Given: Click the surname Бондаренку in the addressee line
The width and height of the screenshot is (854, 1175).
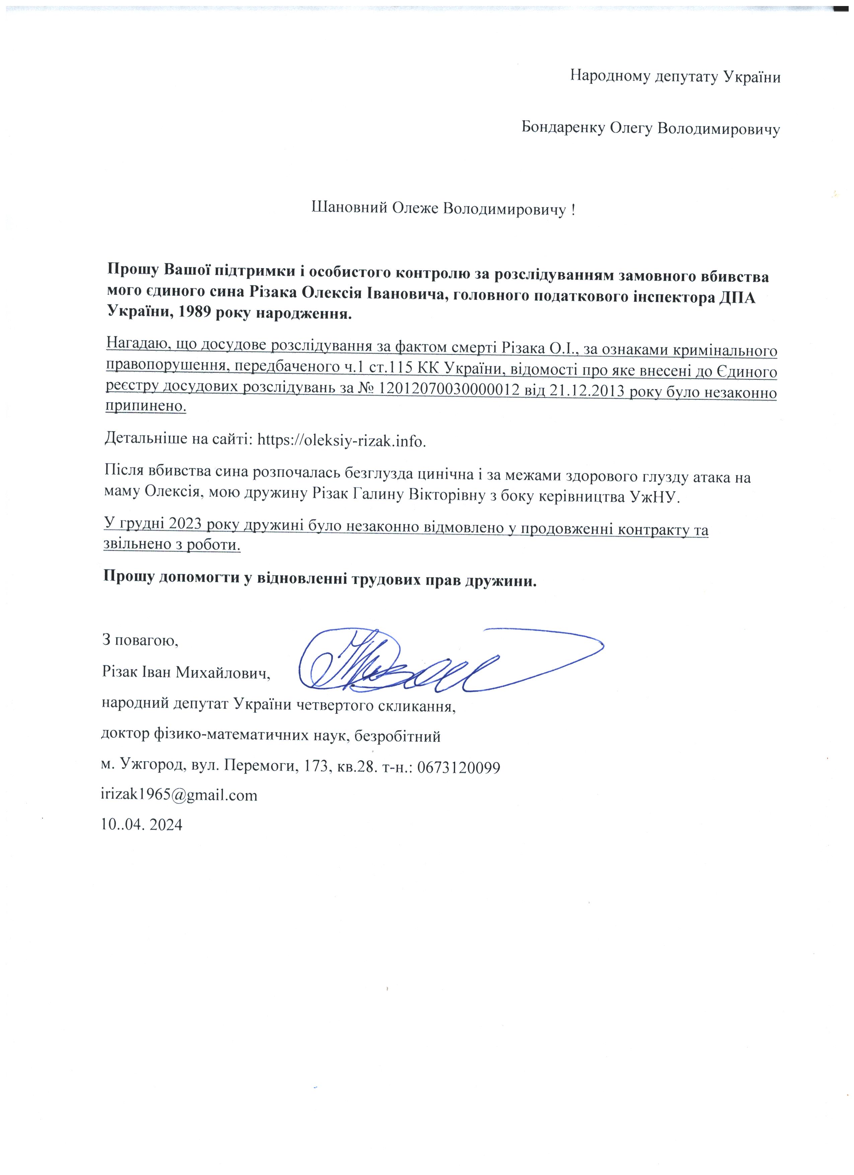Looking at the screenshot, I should pos(559,127).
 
